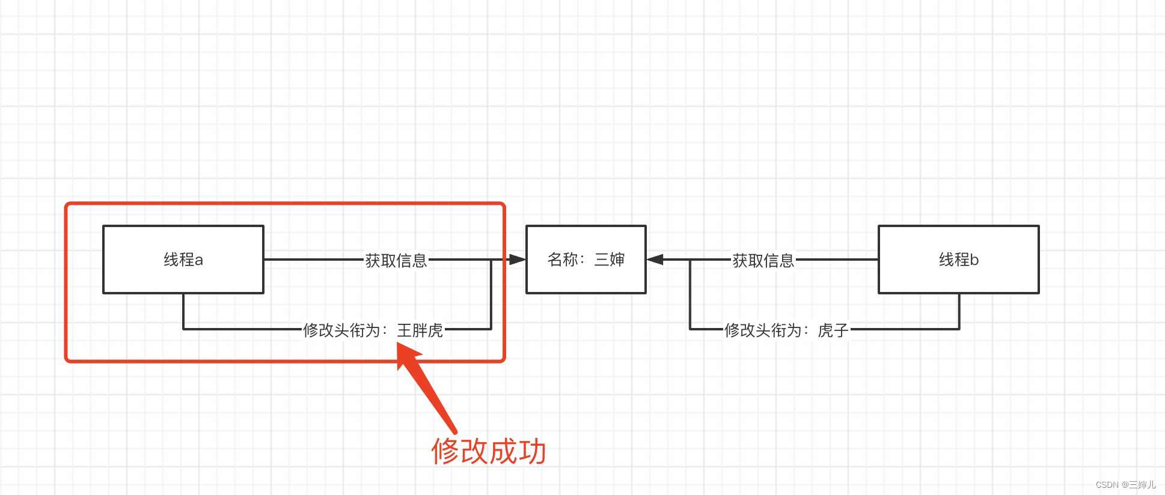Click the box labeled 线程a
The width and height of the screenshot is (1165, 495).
tap(183, 260)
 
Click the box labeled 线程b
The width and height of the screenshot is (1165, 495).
tap(958, 260)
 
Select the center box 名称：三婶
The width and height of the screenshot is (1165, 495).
tap(586, 260)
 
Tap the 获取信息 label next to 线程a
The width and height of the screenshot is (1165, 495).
tap(396, 260)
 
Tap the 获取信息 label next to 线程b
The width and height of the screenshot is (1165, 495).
tap(763, 260)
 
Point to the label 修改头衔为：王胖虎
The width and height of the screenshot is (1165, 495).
tap(373, 330)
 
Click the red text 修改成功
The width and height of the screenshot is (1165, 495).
tap(488, 451)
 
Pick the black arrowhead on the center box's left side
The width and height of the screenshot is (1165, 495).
tap(517, 260)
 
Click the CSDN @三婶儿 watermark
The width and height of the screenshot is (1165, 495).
tap(1125, 485)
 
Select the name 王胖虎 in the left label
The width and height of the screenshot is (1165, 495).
tap(420, 330)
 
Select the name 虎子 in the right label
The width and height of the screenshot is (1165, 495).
tap(833, 330)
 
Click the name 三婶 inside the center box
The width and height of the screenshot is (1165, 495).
tap(610, 260)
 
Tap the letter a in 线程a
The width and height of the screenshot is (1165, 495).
tap(198, 260)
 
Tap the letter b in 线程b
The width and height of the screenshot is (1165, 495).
tap(974, 260)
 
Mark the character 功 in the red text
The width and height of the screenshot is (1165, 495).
tap(532, 451)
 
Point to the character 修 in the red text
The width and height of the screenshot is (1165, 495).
tap(445, 451)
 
